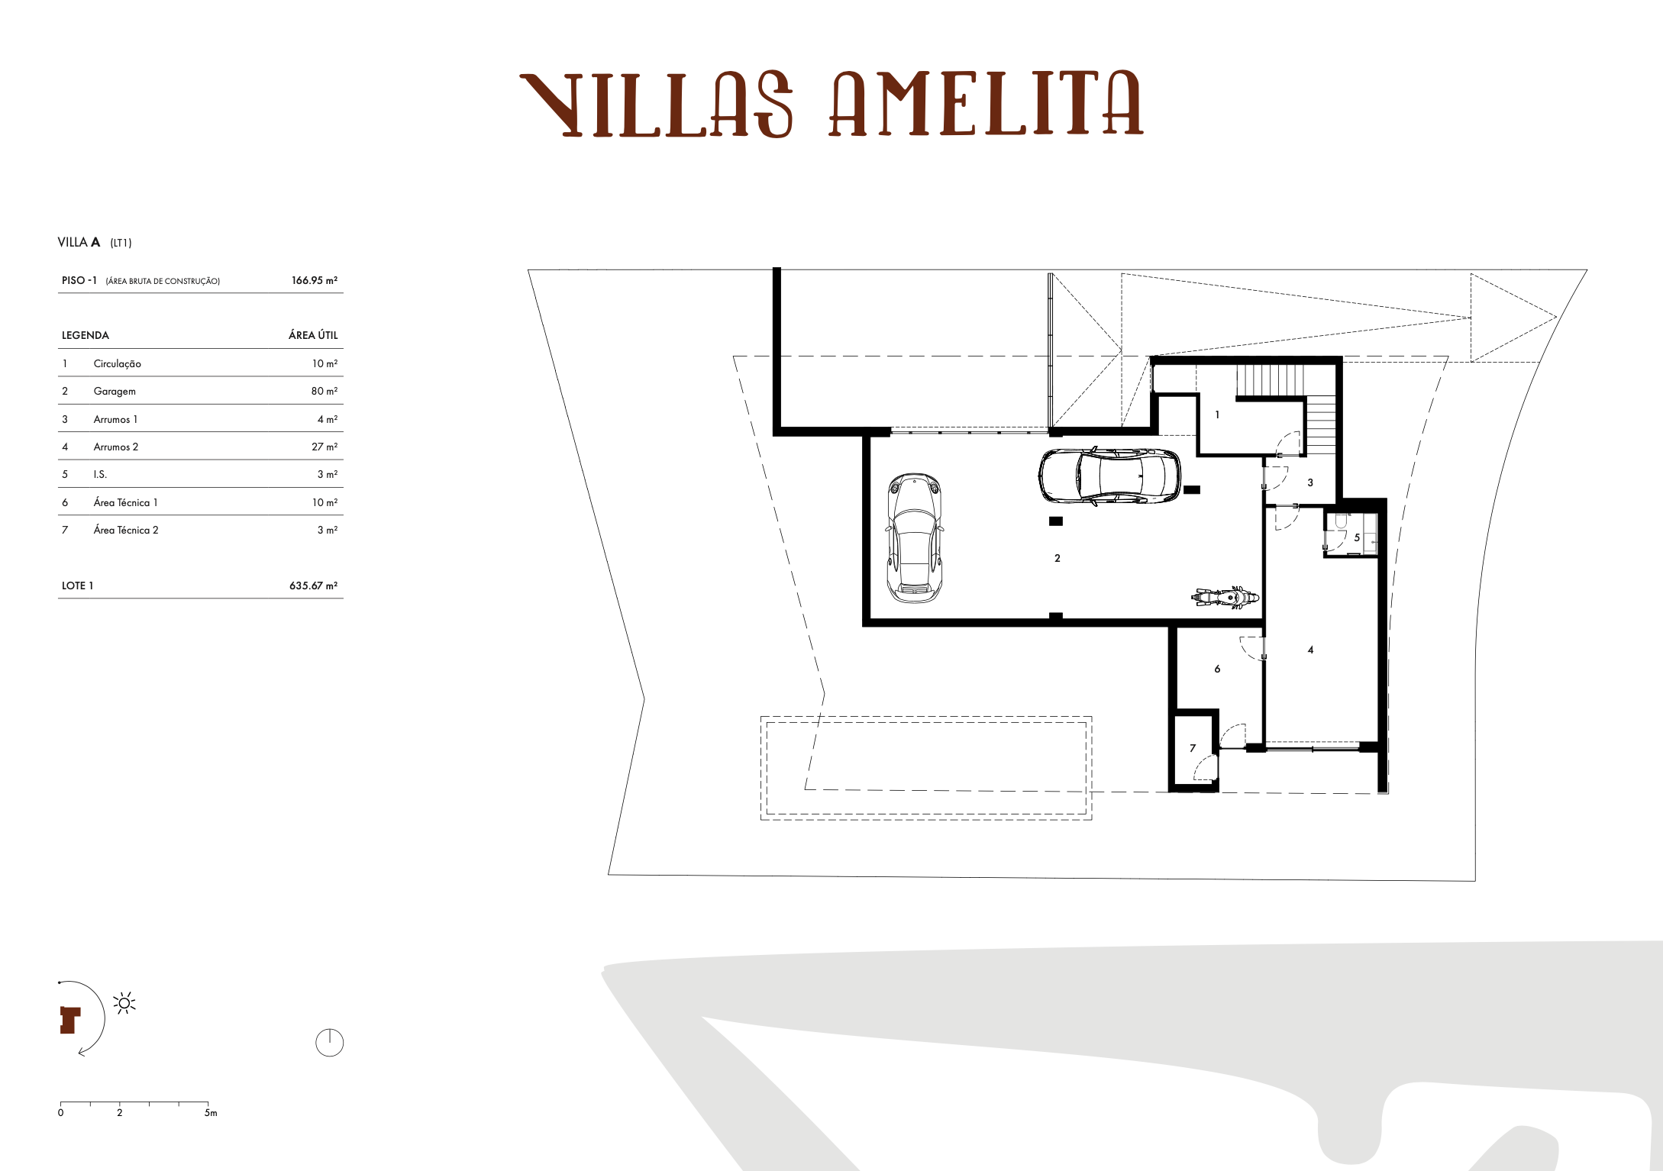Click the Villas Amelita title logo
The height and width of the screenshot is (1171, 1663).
[x=831, y=104]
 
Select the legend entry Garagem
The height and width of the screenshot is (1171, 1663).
[x=115, y=392]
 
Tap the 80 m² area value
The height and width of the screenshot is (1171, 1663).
[x=325, y=391]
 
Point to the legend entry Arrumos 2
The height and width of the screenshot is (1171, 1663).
[x=116, y=447]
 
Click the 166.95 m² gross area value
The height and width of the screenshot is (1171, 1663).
[x=315, y=280]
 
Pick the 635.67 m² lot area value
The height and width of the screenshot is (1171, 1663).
[x=313, y=585]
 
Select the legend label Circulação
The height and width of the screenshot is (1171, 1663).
[x=117, y=364]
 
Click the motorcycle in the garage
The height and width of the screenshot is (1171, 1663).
[x=1226, y=596]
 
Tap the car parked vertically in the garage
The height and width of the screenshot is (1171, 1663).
[x=914, y=538]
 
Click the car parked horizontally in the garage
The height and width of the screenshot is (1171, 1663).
[x=1109, y=476]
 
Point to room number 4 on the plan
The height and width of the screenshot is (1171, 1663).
[x=1310, y=650]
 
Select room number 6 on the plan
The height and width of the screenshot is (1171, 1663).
[x=1217, y=669]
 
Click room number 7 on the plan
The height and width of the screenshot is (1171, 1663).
[x=1193, y=748]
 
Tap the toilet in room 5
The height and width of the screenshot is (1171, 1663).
[x=1341, y=521]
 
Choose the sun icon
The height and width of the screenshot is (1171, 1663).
[x=124, y=1003]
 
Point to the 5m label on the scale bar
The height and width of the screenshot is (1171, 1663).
[x=211, y=1113]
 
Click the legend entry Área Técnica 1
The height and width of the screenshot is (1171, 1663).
[x=125, y=502]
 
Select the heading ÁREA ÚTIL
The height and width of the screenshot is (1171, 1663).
[x=313, y=335]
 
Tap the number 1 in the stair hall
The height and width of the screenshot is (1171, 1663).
[x=1217, y=415]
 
